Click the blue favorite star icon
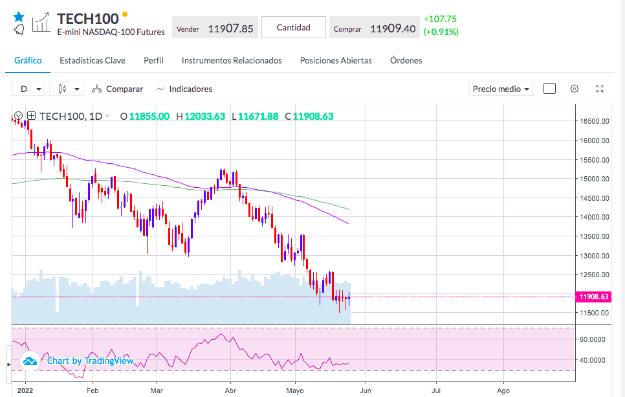click(18, 16)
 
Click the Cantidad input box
click(294, 27)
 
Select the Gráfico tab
click(28, 60)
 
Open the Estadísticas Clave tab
click(93, 60)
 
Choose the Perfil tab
click(153, 60)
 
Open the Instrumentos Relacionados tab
click(232, 60)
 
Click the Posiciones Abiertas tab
click(336, 60)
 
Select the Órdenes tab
click(406, 60)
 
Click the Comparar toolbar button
click(118, 89)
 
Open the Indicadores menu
click(184, 89)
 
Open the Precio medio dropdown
click(501, 89)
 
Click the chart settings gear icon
click(574, 89)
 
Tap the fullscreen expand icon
click(600, 89)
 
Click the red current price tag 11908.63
click(594, 297)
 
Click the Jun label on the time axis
click(366, 391)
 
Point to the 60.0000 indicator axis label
click(592, 339)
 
